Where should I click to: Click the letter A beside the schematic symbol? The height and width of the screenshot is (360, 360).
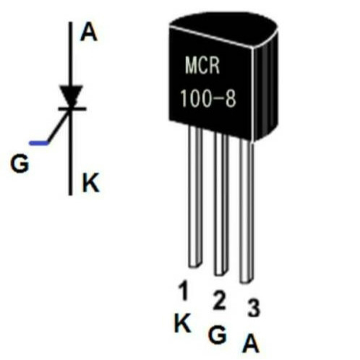coord(89,33)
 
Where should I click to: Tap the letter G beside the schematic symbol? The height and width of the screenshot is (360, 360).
coord(20,164)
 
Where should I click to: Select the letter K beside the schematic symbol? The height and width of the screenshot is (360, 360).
coord(91,183)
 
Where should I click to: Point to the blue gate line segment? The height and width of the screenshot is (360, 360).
coord(39,143)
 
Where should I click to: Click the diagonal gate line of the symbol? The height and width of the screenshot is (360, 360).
coord(58,128)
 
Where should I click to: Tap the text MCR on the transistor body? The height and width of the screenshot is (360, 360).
coord(202,65)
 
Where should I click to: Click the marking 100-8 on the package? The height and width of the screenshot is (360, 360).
coord(208,98)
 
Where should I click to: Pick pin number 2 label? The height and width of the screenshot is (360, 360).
coord(219,300)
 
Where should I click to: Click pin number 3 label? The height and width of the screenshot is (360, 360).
coord(254,308)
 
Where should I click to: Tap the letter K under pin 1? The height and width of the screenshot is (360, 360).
coord(182,322)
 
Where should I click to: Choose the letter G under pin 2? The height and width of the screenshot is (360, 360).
coord(218,334)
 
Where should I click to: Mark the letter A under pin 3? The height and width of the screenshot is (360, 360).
coord(251,343)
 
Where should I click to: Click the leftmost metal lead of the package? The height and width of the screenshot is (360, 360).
coord(195,197)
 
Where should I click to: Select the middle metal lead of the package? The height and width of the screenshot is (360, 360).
coord(221,204)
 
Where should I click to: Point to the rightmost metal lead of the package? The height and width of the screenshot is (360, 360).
coord(247,211)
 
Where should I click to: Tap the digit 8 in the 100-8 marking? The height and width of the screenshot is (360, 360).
coord(231,99)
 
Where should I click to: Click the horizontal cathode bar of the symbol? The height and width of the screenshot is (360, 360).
coord(72,109)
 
